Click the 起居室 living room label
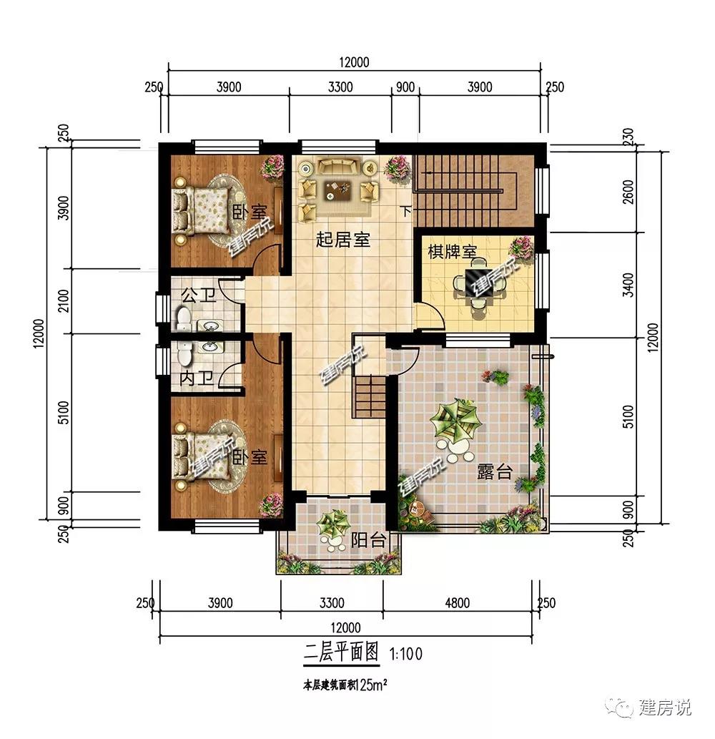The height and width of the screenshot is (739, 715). (343, 240)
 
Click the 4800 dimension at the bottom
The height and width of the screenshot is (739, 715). (458, 603)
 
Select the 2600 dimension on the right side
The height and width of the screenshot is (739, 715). (628, 193)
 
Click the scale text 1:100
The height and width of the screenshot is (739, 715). (406, 653)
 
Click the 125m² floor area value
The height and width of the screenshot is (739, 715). (371, 685)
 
